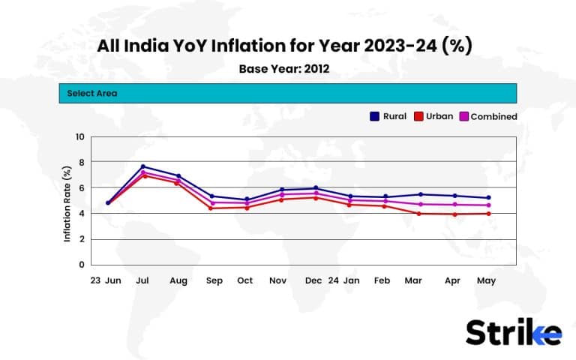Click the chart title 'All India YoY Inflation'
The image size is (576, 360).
(x=284, y=46)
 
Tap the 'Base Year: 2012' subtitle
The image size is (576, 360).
(x=284, y=69)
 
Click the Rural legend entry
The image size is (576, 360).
(x=388, y=116)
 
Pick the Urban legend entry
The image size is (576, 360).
(x=433, y=116)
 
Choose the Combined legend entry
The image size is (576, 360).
(x=487, y=116)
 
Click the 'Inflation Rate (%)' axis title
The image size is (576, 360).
(x=67, y=202)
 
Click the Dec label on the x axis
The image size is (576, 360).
(x=313, y=280)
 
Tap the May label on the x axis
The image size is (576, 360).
(x=487, y=280)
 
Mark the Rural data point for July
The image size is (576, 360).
(x=143, y=166)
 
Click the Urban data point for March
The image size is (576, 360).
(x=418, y=214)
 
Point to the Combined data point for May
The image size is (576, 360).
(x=488, y=205)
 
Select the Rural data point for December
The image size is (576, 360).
(x=316, y=188)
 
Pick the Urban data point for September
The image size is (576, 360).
(x=212, y=208)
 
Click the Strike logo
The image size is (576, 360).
(x=513, y=332)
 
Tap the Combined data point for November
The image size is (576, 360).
(x=281, y=194)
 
